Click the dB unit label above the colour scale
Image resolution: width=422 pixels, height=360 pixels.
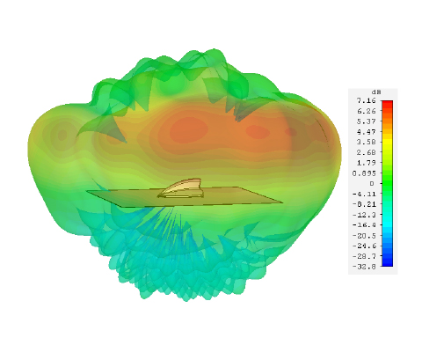coord(376,92)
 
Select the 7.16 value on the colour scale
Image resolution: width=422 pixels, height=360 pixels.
coord(366,100)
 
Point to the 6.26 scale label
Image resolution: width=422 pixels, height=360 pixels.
coord(366,111)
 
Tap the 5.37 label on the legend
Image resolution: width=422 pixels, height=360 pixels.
coord(366,121)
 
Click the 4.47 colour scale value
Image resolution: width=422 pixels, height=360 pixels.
coord(366,132)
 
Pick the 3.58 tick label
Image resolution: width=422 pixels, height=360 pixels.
coord(366,142)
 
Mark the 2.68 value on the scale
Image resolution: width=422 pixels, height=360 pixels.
coord(366,152)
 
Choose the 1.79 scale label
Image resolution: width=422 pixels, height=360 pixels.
coord(366,163)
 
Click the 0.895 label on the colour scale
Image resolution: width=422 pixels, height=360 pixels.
coord(364,173)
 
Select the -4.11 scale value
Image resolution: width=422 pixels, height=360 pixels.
coord(364,194)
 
